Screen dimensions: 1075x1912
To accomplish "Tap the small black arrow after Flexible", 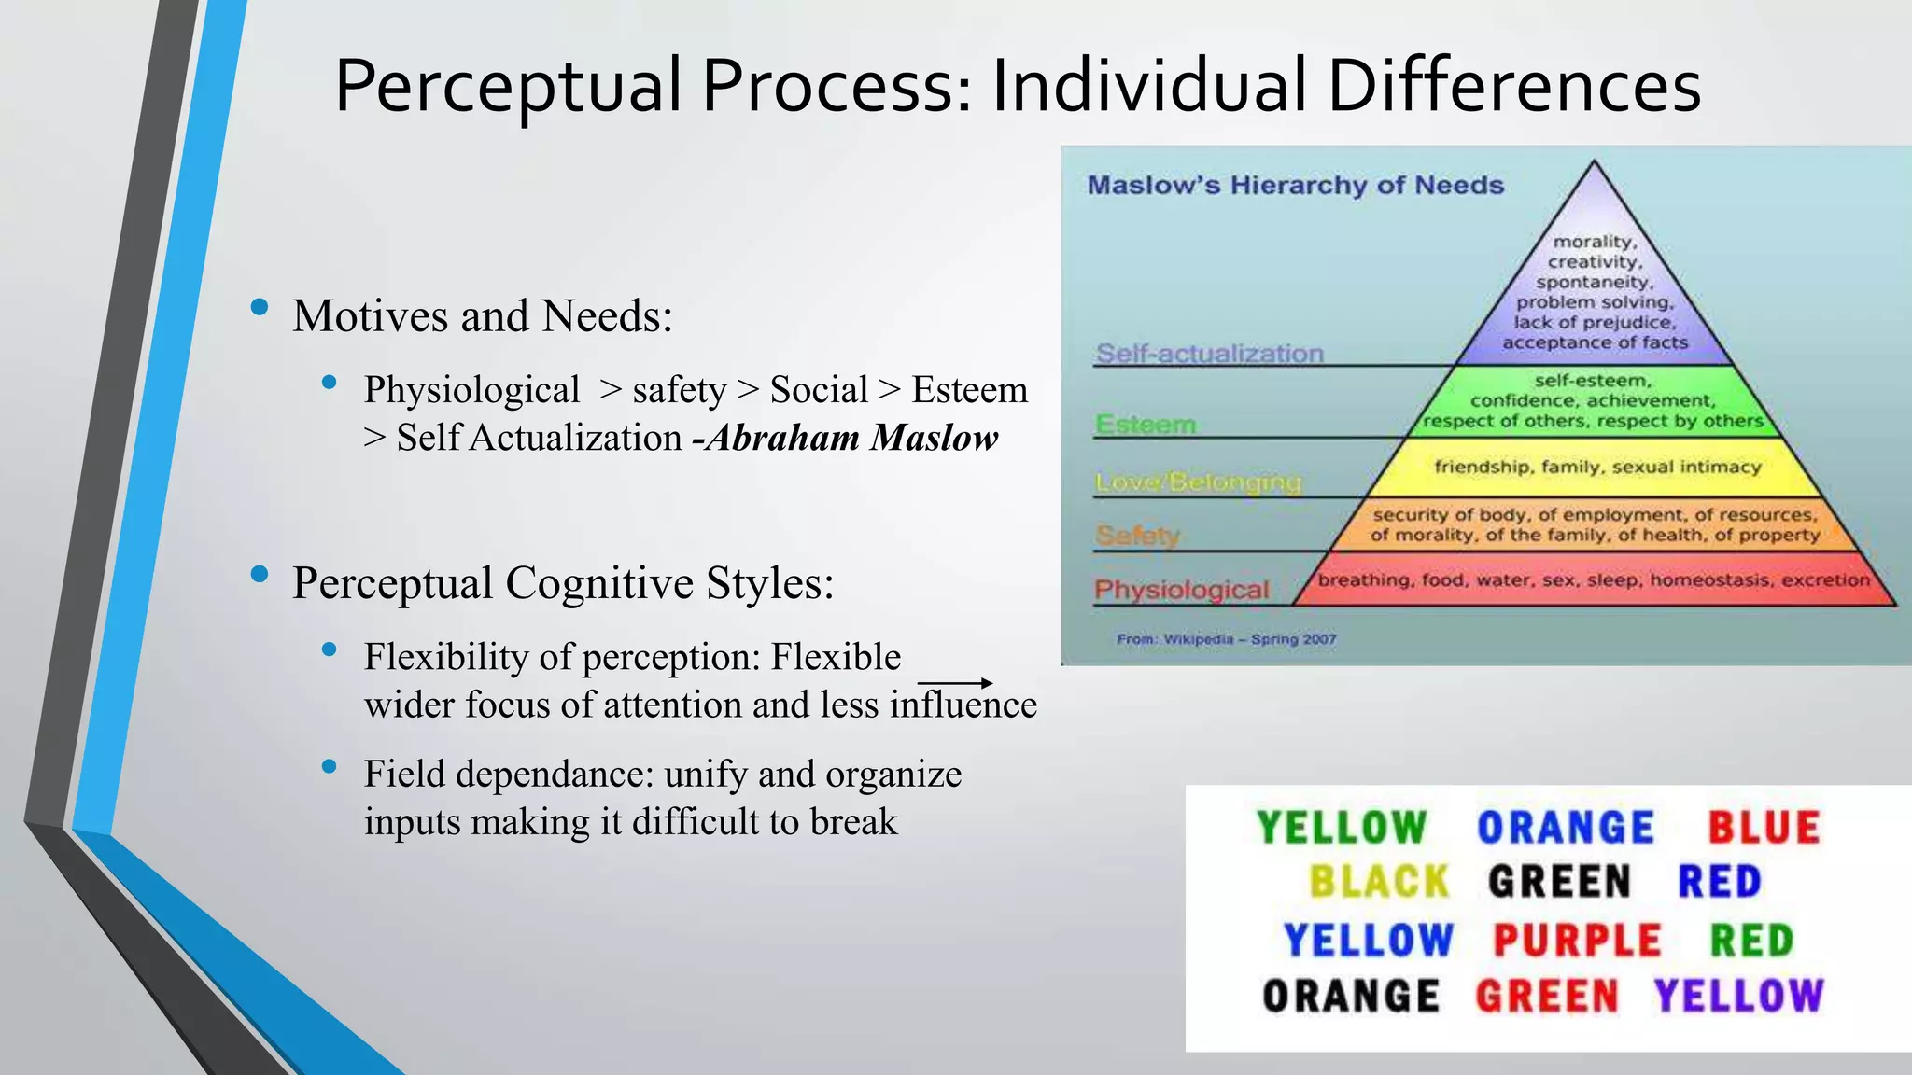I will (x=955, y=683).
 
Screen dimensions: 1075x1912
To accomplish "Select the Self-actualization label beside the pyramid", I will (x=1209, y=354).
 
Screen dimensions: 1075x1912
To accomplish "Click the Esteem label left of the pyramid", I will (x=1146, y=425).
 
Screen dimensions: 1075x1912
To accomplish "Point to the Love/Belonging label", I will (x=1198, y=482).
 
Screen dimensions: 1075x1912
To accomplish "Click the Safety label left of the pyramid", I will (x=1137, y=536).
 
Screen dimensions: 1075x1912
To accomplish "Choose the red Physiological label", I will (x=1181, y=590).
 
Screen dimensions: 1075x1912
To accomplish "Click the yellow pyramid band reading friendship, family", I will (x=1596, y=468).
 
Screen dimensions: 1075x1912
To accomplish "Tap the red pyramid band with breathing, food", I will (x=1593, y=580).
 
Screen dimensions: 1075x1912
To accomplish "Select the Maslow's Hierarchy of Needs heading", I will (x=1295, y=185).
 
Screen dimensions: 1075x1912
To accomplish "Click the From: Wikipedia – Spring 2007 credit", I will (x=1226, y=639).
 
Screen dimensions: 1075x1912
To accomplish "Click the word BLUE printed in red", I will (x=1764, y=828).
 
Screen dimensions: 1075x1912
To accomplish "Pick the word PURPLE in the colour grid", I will (x=1577, y=940).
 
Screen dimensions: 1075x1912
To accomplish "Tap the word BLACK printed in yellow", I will (x=1378, y=882).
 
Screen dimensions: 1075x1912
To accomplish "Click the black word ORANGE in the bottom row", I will (x=1350, y=997).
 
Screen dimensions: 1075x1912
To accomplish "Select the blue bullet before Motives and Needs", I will (x=260, y=307).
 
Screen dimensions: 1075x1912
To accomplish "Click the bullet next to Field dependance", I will (x=329, y=767).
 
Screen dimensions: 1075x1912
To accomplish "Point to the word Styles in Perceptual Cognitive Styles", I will (x=769, y=583).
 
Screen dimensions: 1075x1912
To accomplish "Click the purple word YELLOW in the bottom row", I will (x=1738, y=997).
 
